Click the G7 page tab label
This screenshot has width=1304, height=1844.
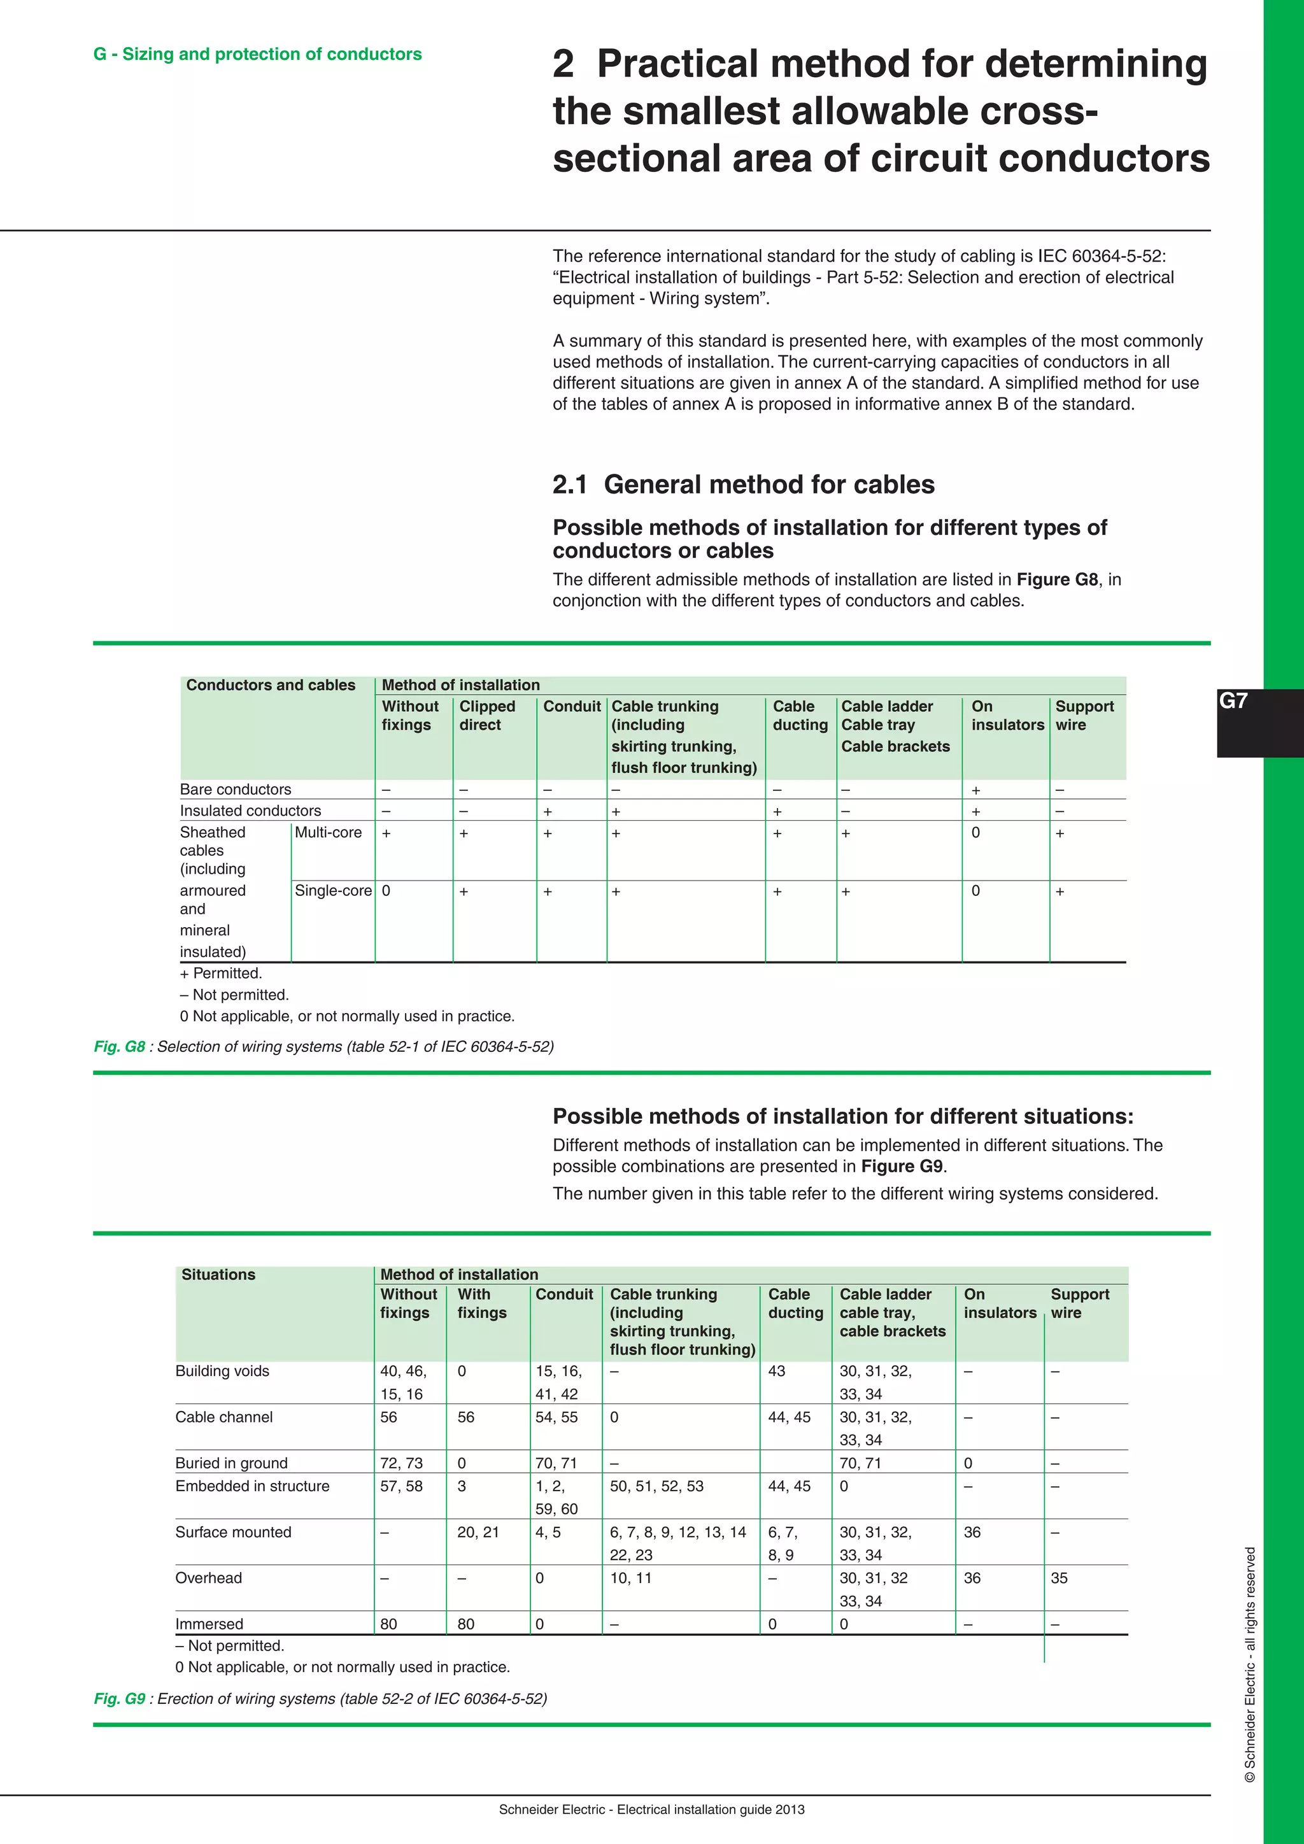[1233, 701]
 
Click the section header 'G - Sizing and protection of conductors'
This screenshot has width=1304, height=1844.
[257, 54]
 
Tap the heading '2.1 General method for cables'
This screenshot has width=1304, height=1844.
[743, 485]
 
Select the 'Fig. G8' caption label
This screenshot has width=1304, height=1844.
[119, 1047]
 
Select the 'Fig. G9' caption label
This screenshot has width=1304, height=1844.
[119, 1699]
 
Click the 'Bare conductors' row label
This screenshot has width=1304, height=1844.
[235, 790]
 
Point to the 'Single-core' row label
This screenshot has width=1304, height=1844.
[332, 891]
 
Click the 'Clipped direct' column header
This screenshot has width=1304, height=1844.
[486, 715]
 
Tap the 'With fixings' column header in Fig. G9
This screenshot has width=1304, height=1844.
[482, 1303]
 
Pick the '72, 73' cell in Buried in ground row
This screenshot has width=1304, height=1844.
[402, 1463]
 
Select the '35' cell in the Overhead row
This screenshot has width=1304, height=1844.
[1059, 1578]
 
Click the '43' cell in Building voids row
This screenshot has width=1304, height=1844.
[776, 1371]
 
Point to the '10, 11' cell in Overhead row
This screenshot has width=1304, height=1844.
[630, 1578]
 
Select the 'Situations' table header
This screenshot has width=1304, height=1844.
[218, 1275]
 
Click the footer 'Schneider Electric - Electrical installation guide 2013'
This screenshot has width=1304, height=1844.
[651, 1810]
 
